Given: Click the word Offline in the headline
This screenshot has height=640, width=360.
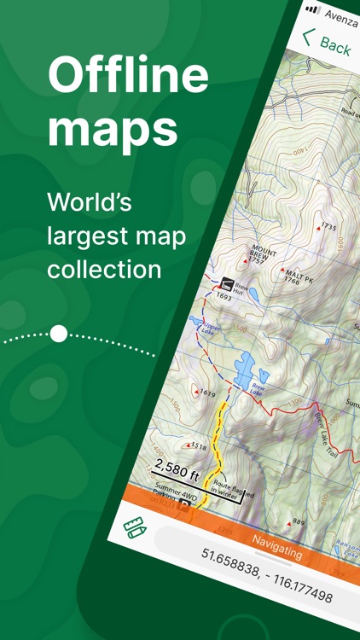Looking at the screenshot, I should (127, 77).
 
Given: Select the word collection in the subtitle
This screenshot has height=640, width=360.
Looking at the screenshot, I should (104, 269).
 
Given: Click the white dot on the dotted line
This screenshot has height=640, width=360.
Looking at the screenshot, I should (58, 334).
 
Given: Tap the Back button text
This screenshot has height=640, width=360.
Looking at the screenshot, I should (335, 44).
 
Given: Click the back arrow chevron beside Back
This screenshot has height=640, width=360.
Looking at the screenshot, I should (308, 38).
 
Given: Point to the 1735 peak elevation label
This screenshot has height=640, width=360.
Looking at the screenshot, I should (328, 228).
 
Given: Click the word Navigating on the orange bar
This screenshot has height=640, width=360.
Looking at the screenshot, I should (277, 547).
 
